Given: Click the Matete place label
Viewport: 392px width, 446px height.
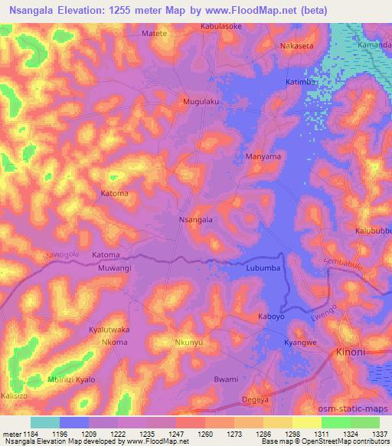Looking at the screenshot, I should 156,34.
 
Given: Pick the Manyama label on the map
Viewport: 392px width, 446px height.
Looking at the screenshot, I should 263,156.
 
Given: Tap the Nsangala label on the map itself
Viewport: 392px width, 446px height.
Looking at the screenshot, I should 195,219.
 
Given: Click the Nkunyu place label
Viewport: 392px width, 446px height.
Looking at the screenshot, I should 190,343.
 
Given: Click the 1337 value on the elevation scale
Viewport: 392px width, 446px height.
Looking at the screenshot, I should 381,434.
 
